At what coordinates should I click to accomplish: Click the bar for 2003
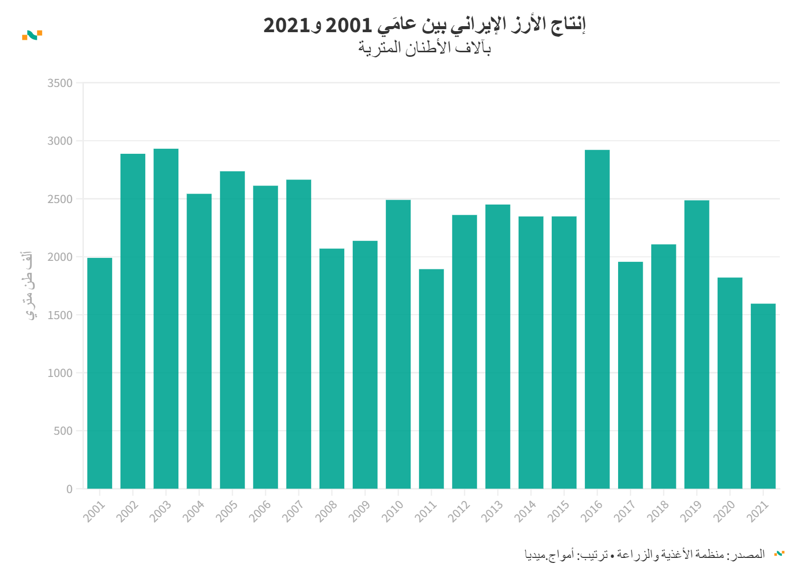[x=166, y=319]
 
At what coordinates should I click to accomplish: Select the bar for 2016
[x=597, y=319]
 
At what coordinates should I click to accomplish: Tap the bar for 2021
[x=763, y=396]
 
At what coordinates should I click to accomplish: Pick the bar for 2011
[x=431, y=379]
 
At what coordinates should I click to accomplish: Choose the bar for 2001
[x=99, y=373]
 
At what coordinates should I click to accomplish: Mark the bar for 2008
[x=332, y=368]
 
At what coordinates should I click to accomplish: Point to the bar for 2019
[x=696, y=344]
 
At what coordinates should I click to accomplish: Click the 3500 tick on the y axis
[x=60, y=83]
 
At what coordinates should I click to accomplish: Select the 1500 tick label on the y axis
[x=60, y=315]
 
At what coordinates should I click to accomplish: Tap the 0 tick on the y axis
[x=69, y=489]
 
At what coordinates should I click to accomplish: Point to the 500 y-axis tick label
[x=63, y=431]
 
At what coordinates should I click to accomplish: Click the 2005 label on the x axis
[x=227, y=511]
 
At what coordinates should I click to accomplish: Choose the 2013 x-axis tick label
[x=492, y=511]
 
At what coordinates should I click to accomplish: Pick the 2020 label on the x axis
[x=725, y=511]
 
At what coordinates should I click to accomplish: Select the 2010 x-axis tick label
[x=393, y=511]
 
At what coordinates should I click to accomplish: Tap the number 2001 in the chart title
[x=349, y=25]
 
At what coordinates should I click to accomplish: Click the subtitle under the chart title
[x=425, y=48]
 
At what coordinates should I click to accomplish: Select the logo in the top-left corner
[x=32, y=35]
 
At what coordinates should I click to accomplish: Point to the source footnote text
[x=645, y=554]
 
